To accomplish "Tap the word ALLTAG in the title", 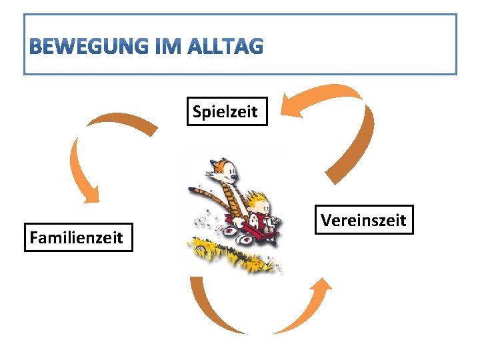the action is click(227, 47).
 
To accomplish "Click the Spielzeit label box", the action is click(225, 111).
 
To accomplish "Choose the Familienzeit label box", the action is click(79, 237).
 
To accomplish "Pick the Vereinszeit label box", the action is click(363, 219).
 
